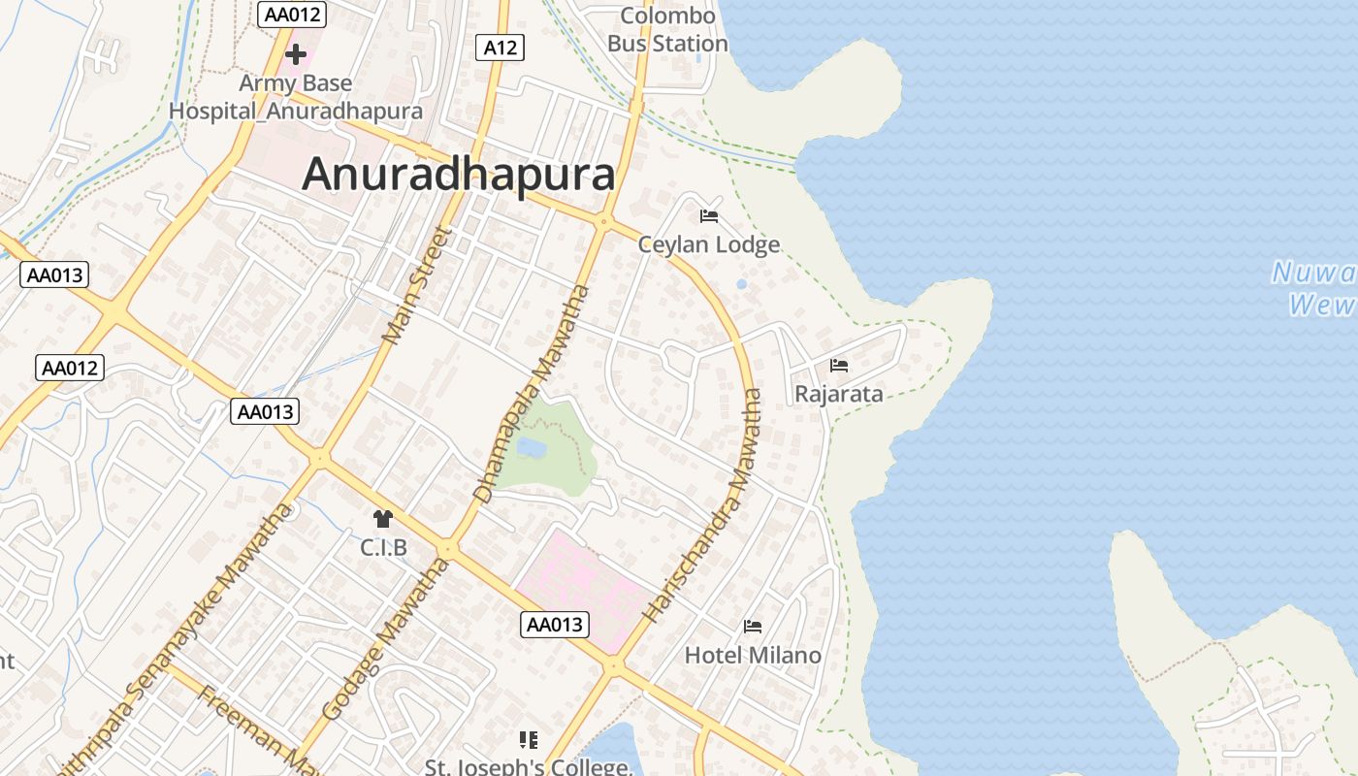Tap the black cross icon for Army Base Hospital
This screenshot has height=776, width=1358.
coord(296,54)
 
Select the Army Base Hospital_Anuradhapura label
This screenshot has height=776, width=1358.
coord(296,97)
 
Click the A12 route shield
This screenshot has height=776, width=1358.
coord(500,47)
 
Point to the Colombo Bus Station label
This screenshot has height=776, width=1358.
coord(667,30)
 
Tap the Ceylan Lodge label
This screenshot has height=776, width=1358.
coord(709,244)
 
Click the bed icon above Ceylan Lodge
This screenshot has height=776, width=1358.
coord(709,215)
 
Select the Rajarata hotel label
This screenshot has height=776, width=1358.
coord(839,394)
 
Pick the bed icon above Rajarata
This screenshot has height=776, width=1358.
coord(839,366)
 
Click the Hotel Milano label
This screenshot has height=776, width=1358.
coord(753,656)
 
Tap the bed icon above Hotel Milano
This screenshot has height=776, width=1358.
coord(753,627)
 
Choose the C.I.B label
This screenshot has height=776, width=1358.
coord(383,548)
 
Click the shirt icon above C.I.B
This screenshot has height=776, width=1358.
coord(383,520)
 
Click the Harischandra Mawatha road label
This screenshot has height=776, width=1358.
coord(702,504)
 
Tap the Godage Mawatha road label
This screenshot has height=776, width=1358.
coord(386,638)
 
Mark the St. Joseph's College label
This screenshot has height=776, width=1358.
coord(529,766)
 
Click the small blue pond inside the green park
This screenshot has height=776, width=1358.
coord(531,447)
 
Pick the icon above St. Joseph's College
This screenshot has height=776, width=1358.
coord(529,740)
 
